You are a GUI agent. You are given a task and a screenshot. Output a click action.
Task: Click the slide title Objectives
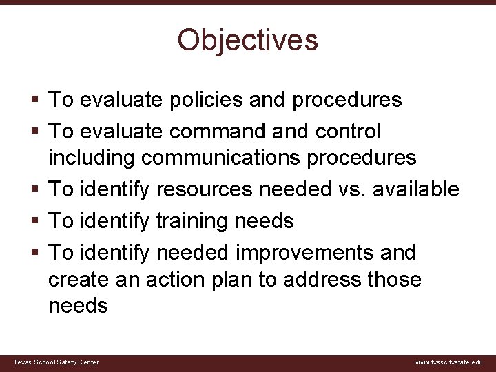[248, 40]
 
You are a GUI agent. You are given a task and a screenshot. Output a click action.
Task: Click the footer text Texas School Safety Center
[56, 362]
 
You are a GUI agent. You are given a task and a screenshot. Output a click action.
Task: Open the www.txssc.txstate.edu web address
[448, 362]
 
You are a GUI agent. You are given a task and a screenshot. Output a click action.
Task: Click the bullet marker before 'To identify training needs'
[34, 221]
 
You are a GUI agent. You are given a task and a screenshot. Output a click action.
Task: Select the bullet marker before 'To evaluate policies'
[34, 100]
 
